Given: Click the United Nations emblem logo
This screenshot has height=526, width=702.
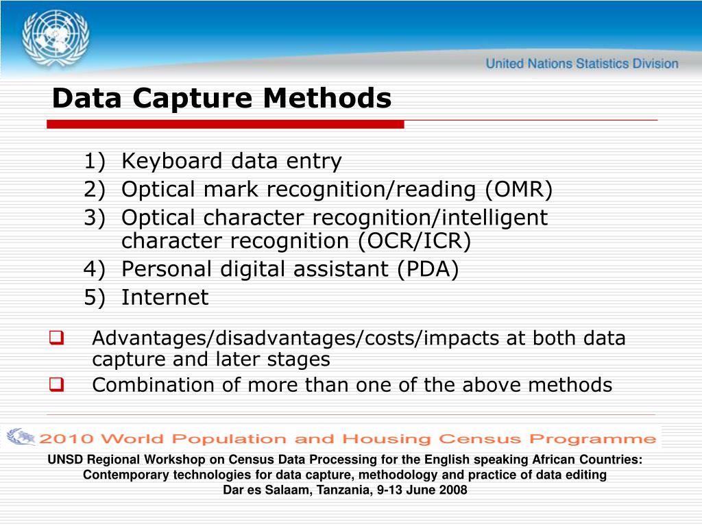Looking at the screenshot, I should (55, 38).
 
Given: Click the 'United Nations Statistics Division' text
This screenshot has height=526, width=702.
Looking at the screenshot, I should (582, 64).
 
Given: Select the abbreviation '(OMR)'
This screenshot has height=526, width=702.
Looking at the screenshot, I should (519, 189).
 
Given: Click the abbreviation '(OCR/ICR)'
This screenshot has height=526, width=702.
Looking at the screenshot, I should (414, 241).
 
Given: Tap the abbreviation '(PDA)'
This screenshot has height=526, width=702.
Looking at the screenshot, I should (428, 269).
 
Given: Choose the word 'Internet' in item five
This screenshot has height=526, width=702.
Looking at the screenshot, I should (165, 297).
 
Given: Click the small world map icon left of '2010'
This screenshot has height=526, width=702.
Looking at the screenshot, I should (21, 436).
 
